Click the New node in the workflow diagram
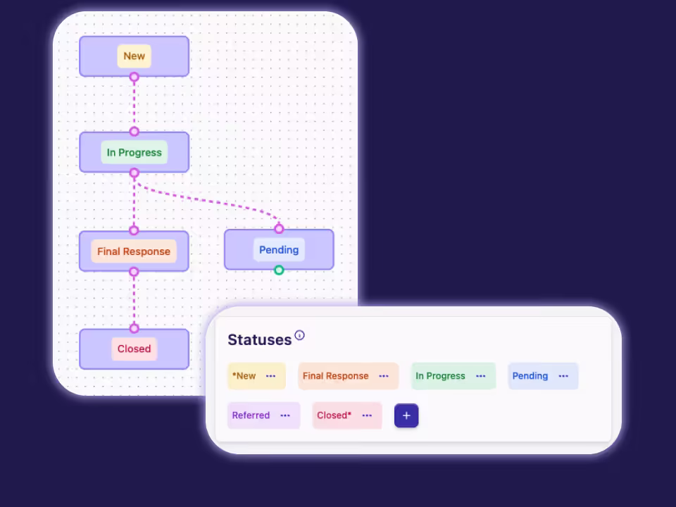click(134, 56)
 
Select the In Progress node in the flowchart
click(134, 152)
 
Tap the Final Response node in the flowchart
click(134, 251)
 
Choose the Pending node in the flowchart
click(279, 250)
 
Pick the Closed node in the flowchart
click(134, 349)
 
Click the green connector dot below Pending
click(279, 270)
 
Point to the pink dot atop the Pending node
click(279, 229)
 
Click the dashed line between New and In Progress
click(134, 104)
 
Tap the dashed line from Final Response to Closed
click(134, 300)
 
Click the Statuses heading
click(259, 339)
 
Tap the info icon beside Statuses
click(300, 335)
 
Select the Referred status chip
click(251, 415)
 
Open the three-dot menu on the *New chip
click(271, 376)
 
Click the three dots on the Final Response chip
click(384, 376)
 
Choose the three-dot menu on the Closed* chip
click(367, 415)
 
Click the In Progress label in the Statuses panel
click(440, 376)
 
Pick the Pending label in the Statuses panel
click(530, 376)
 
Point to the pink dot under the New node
click(134, 77)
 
